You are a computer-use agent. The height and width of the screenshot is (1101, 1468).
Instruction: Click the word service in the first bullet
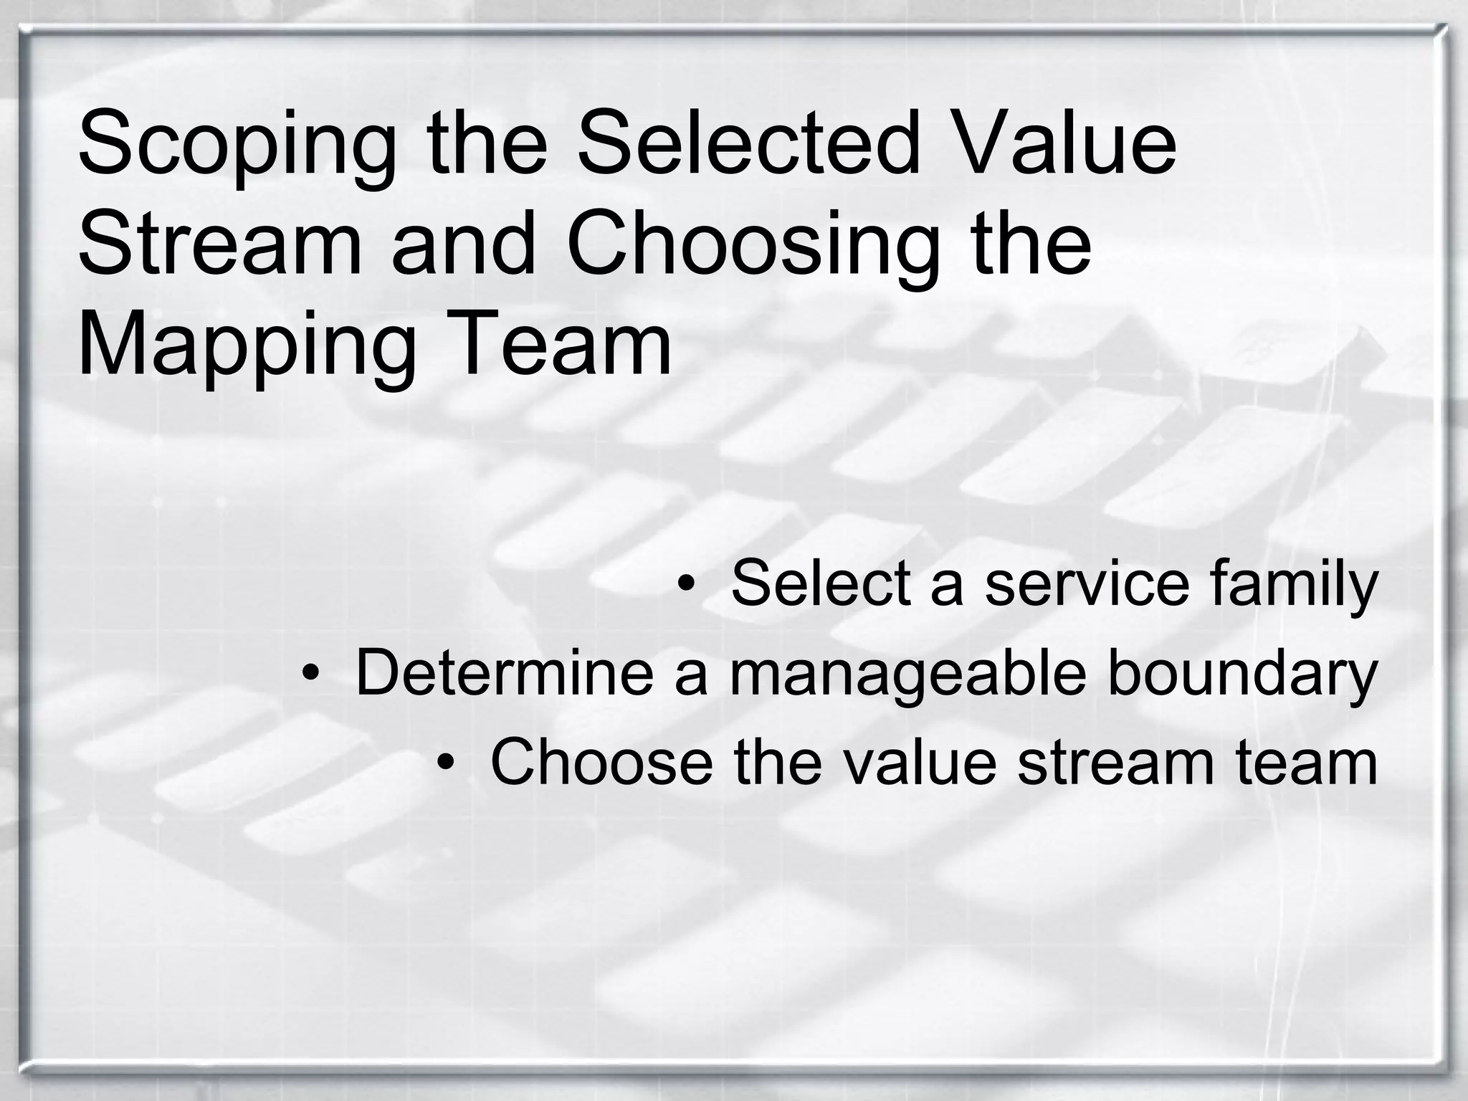tap(1087, 583)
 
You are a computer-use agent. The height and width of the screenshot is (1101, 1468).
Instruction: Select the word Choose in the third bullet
tap(602, 762)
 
